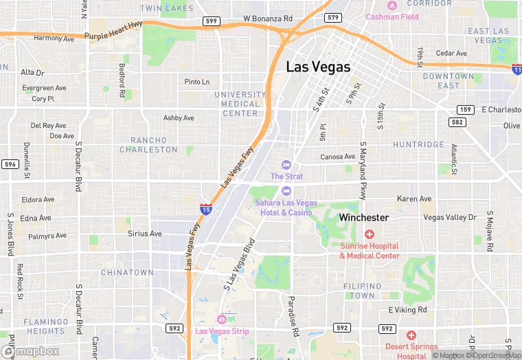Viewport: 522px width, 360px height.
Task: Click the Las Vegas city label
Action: (x=318, y=67)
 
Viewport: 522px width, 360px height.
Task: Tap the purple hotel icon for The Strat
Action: (x=286, y=165)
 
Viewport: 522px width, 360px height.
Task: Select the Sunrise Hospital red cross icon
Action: (x=370, y=235)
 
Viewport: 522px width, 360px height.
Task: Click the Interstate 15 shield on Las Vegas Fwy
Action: (x=205, y=208)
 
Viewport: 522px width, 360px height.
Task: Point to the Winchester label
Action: (x=364, y=217)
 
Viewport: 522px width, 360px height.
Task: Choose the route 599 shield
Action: (x=212, y=21)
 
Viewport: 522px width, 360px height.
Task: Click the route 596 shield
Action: (x=10, y=164)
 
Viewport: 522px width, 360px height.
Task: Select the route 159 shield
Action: (x=465, y=110)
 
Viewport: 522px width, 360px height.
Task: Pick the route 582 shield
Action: (x=458, y=122)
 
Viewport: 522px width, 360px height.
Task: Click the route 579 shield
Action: (x=333, y=17)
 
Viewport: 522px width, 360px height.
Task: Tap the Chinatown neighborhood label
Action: (x=127, y=273)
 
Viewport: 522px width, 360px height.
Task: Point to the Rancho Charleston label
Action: (x=148, y=145)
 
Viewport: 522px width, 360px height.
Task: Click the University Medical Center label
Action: (x=240, y=104)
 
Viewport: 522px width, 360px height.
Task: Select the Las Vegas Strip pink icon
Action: (x=222, y=319)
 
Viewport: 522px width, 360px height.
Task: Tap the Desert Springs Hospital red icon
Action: (x=411, y=335)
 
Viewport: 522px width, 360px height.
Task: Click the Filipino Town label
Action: (x=362, y=291)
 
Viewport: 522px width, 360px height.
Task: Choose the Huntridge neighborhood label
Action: (x=418, y=145)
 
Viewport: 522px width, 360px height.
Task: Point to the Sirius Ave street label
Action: (x=145, y=234)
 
